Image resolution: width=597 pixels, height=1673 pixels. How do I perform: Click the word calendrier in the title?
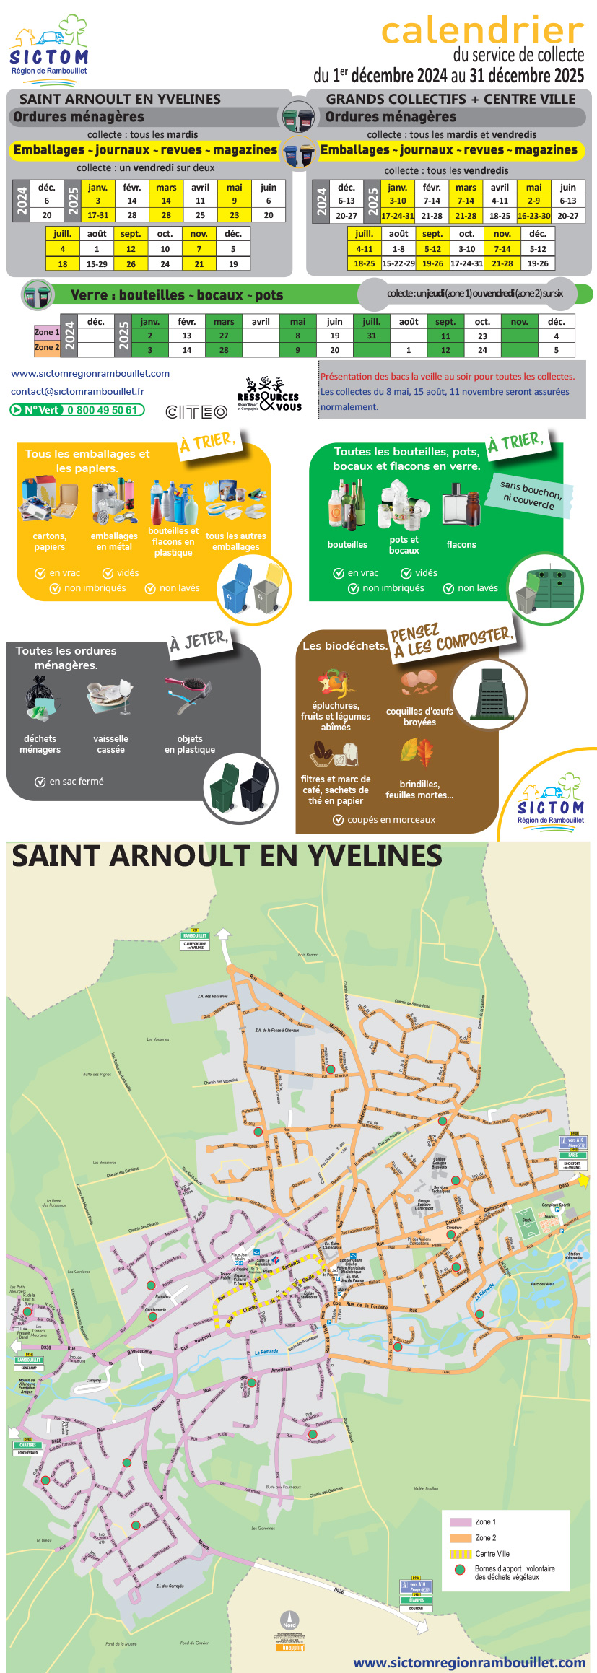coord(482,31)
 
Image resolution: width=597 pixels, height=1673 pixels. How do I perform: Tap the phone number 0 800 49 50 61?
coord(102,410)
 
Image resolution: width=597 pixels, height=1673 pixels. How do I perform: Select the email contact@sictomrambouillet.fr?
coord(77,391)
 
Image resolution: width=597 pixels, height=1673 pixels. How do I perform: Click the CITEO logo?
coord(196,412)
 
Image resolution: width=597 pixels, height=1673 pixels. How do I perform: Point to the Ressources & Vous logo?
coord(269,396)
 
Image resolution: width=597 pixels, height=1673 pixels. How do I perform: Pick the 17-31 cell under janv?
coord(97,215)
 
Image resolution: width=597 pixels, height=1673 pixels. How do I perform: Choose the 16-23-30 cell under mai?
coord(533,216)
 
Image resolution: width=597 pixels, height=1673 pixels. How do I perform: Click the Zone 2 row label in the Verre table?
coord(47,347)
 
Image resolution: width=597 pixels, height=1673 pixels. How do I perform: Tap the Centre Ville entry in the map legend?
coord(492,1554)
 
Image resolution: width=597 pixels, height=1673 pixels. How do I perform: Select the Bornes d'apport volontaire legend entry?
coord(514,1573)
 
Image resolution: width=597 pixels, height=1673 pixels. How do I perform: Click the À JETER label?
coord(199,639)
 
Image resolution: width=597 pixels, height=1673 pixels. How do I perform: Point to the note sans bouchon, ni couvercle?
coord(531,494)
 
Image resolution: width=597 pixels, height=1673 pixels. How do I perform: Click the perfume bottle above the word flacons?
coord(461,503)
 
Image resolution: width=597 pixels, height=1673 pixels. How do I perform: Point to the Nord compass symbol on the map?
coord(289,1621)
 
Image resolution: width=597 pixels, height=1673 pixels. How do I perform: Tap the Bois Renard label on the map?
coord(308,954)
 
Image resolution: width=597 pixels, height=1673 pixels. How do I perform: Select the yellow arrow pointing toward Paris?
coord(583,1180)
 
